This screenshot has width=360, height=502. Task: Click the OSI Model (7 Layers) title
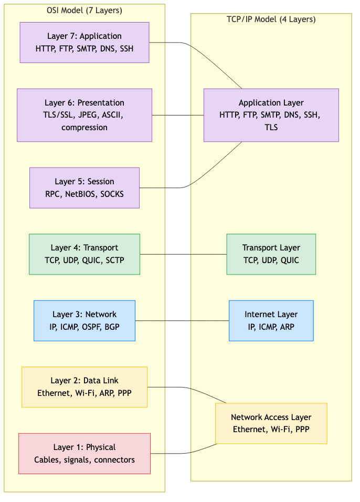coord(84,11)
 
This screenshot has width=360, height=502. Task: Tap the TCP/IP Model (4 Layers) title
coord(271,20)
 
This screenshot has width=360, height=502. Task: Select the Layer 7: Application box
coord(84,43)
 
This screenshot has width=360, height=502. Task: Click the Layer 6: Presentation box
coord(84,115)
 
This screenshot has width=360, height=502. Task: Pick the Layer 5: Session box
coord(84,188)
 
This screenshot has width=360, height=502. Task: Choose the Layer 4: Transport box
coord(84,254)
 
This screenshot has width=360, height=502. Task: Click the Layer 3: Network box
coord(84,320)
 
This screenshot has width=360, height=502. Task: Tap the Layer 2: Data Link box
coord(84,387)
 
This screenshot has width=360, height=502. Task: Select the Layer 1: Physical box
coord(84,454)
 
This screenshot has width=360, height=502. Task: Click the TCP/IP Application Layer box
coord(271,115)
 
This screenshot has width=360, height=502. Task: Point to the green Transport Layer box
coord(271,254)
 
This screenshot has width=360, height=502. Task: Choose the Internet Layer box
coord(271,320)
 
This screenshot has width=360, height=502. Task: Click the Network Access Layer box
coord(271,424)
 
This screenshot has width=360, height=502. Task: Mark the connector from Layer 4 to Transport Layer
coord(183,254)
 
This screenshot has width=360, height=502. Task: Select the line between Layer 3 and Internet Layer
coord(182,320)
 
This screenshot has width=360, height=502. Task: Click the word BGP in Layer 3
coord(112,327)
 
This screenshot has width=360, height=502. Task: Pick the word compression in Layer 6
coord(84,128)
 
